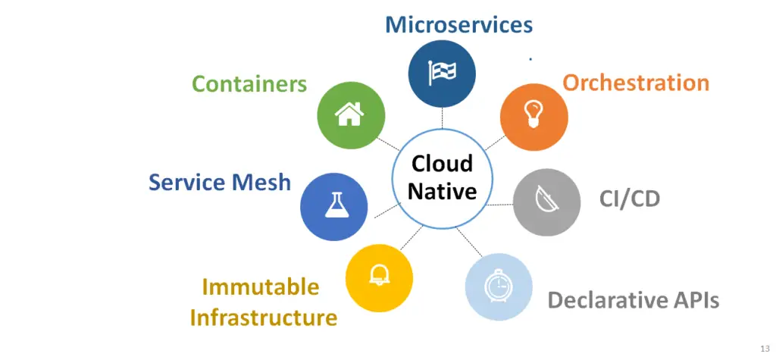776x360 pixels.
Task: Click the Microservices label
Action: (458, 24)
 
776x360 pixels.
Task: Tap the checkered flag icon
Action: (442, 74)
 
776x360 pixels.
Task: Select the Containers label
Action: (249, 83)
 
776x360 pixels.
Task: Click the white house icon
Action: (349, 114)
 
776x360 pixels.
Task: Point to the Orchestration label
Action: (636, 83)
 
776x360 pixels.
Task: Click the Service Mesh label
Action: (220, 182)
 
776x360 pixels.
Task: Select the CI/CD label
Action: (630, 199)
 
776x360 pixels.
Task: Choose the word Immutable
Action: (261, 286)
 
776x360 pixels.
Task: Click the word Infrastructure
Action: (264, 318)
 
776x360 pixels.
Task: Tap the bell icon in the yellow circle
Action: (379, 275)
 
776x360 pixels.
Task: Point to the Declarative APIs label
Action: (634, 300)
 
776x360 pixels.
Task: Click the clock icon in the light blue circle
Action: (498, 286)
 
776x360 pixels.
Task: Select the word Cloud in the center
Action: (442, 164)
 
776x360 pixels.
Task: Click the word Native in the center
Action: (442, 191)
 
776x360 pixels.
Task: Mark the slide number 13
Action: (765, 348)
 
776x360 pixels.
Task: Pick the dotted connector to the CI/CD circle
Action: (500, 205)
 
